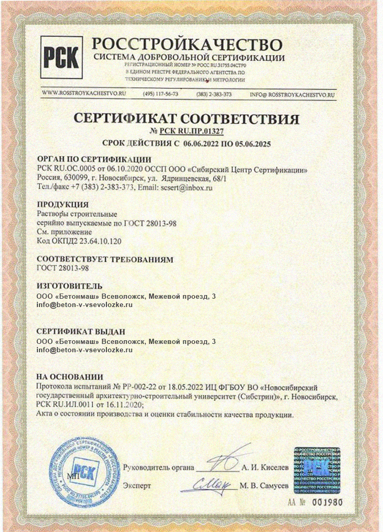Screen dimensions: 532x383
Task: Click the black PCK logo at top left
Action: [61, 57]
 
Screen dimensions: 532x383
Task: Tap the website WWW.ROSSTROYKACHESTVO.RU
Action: [84, 94]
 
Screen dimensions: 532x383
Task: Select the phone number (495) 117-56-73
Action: [160, 94]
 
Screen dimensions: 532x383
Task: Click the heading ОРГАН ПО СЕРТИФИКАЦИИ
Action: [94, 159]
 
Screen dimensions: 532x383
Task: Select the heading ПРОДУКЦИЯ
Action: [63, 204]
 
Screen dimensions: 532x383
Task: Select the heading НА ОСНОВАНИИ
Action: [70, 377]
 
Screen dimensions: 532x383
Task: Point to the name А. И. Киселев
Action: [265, 467]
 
